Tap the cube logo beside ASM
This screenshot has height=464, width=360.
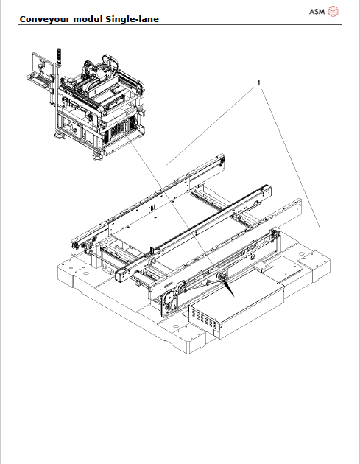coord(333,11)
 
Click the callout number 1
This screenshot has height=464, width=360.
coord(258,84)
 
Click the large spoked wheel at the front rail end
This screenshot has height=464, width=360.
coord(168,300)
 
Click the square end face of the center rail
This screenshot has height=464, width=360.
coord(117,276)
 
